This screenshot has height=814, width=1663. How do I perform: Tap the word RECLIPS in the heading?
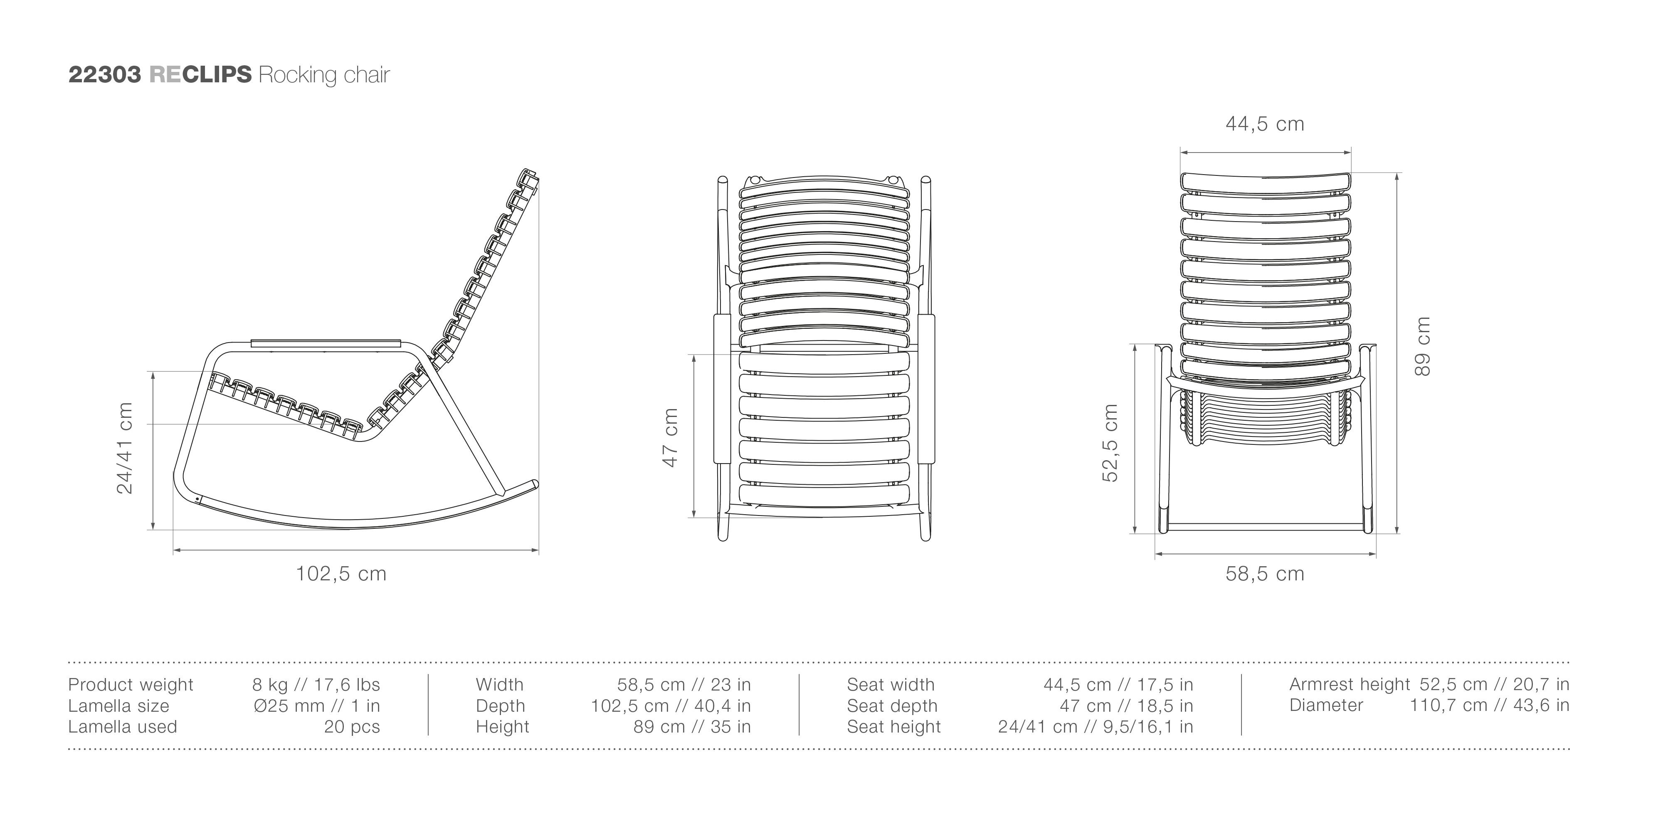pyautogui.click(x=200, y=75)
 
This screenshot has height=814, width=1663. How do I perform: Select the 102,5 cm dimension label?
pyautogui.click(x=341, y=573)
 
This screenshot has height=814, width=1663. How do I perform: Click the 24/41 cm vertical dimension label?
pyautogui.click(x=125, y=448)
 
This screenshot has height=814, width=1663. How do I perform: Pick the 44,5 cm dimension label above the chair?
pyautogui.click(x=1265, y=123)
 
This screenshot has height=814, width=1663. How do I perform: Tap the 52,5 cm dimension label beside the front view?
pyautogui.click(x=1110, y=443)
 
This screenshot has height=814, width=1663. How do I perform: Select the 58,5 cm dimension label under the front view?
pyautogui.click(x=1265, y=573)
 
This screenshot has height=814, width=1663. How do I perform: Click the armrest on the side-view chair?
pyautogui.click(x=326, y=342)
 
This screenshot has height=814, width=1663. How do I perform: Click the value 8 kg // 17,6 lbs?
pyautogui.click(x=316, y=685)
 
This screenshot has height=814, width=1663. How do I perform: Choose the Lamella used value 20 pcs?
pyautogui.click(x=352, y=727)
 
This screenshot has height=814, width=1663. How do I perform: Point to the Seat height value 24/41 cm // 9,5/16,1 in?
pyautogui.click(x=1096, y=727)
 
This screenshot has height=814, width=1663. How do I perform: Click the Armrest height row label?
pyautogui.click(x=1350, y=684)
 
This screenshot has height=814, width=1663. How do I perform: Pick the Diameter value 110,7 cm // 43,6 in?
pyautogui.click(x=1489, y=705)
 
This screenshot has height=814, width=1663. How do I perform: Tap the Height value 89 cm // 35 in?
pyautogui.click(x=692, y=727)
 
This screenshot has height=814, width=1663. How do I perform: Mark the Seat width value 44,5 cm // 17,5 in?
pyautogui.click(x=1118, y=685)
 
